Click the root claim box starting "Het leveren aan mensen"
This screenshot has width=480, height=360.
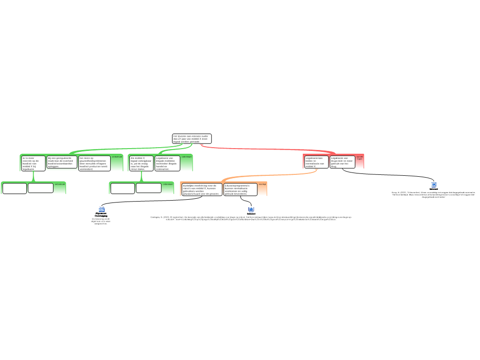click(x=192, y=139)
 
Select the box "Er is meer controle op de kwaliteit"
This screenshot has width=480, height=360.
click(x=33, y=163)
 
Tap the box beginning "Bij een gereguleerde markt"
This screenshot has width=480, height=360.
click(x=62, y=162)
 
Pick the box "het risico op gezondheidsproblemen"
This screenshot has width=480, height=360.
click(x=94, y=163)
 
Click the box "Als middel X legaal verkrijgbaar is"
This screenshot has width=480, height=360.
click(x=141, y=163)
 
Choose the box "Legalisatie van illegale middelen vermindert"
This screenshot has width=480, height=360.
click(x=167, y=163)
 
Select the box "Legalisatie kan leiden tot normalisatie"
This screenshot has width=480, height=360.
click(x=316, y=162)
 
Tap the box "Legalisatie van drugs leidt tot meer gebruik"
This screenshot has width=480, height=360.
click(x=342, y=162)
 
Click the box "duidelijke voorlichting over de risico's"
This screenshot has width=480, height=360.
click(x=202, y=189)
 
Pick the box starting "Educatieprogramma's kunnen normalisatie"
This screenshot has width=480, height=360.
click(x=240, y=189)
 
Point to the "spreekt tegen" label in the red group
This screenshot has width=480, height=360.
click(x=360, y=158)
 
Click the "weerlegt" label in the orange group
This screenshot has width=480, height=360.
click(x=262, y=184)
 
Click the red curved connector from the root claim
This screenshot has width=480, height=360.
click(x=262, y=149)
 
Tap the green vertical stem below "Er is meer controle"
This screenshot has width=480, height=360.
click(x=33, y=176)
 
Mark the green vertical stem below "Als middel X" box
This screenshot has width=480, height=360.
click(x=141, y=176)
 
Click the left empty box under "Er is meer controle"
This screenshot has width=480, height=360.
click(x=15, y=188)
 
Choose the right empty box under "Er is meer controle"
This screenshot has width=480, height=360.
click(x=41, y=188)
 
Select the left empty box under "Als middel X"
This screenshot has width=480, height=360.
click(x=122, y=188)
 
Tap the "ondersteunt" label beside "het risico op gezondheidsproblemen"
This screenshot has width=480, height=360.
click(x=117, y=157)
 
